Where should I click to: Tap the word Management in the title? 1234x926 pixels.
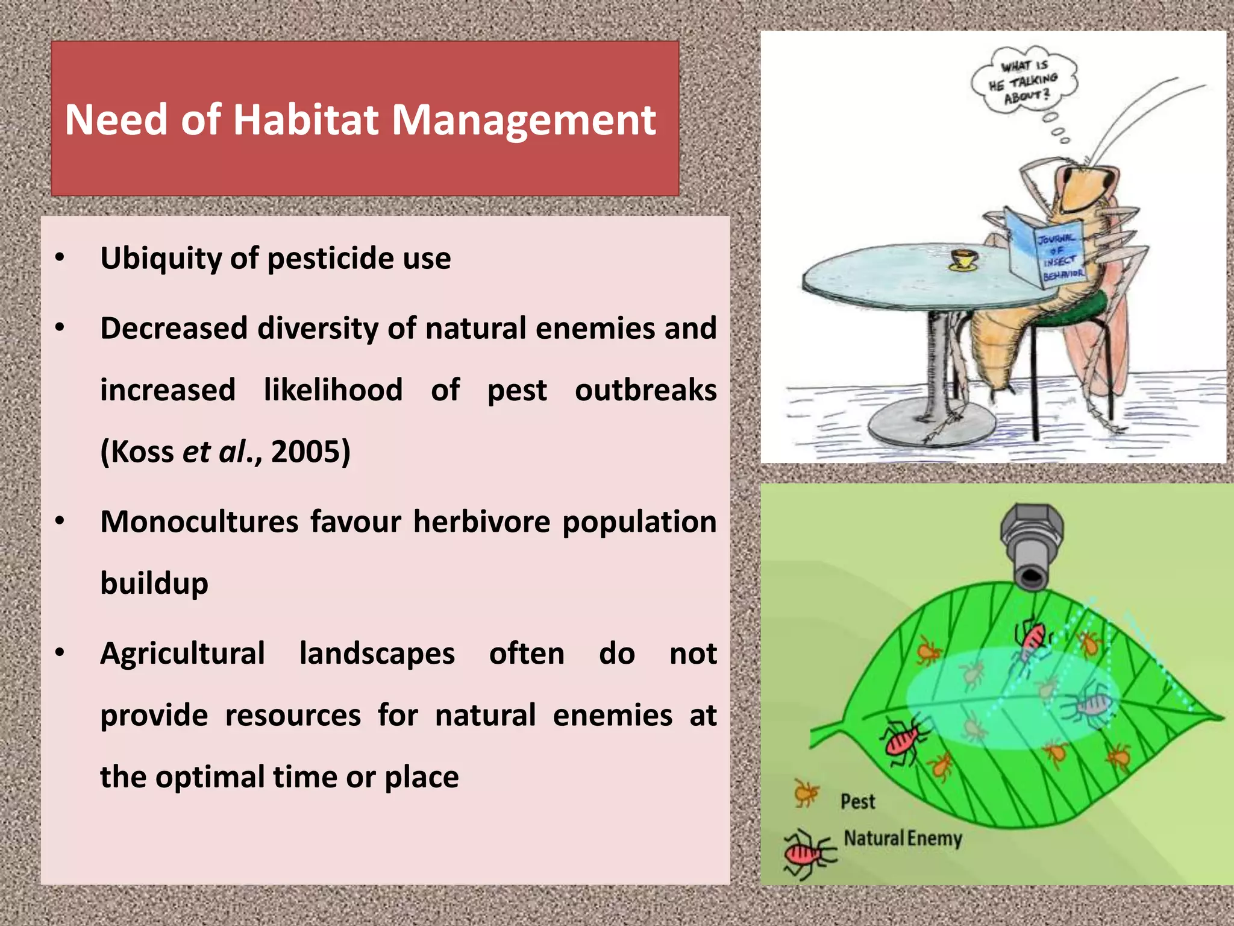524,120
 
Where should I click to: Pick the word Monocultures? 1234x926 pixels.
199,521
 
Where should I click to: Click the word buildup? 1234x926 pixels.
154,584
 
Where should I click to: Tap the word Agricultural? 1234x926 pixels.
183,654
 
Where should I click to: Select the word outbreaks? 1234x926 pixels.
645,390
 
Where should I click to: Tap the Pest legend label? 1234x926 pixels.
857,801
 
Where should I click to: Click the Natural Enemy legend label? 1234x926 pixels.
902,839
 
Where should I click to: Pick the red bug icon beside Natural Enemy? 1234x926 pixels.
807,852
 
